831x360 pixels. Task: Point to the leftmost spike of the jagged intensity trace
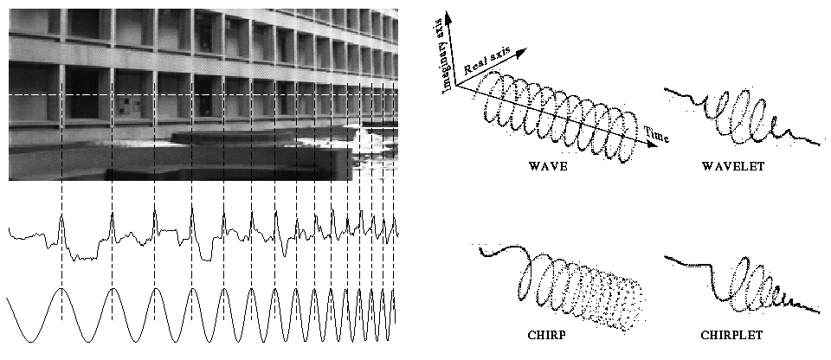[62, 220]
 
